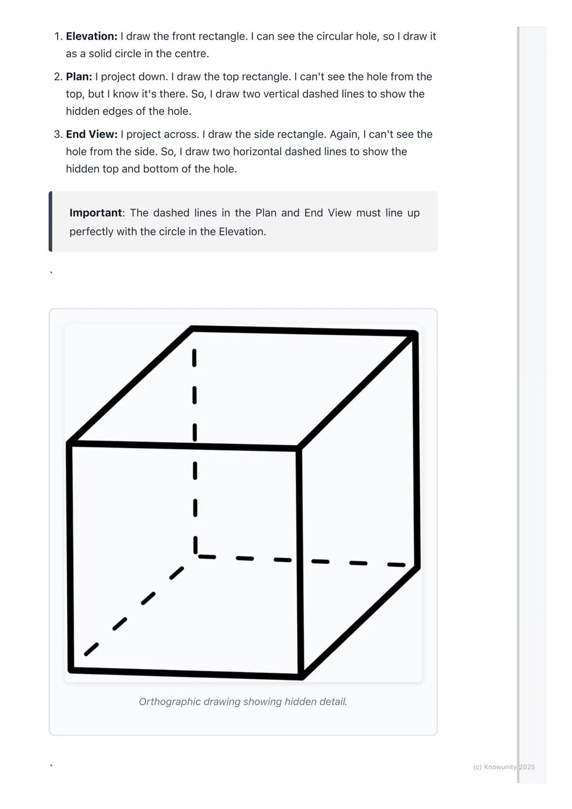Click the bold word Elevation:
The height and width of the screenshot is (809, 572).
pos(92,37)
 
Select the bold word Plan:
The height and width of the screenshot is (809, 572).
pos(79,77)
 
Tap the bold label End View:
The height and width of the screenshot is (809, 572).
pos(92,134)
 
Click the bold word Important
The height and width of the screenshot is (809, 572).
pos(95,213)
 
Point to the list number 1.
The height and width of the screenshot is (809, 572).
pos(58,37)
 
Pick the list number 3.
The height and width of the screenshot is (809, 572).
pos(58,134)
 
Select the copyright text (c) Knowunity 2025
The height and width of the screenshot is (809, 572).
pos(504,767)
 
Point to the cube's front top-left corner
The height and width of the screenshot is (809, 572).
pos(69,444)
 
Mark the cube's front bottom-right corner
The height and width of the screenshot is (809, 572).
pos(301,676)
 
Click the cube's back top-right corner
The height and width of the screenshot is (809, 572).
pos(416,333)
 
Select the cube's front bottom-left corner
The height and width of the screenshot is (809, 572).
pos(71,670)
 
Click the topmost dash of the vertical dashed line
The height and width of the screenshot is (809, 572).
pos(194,358)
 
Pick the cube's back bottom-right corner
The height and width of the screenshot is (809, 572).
pos(418,567)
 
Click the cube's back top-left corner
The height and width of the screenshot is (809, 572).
pos(192,329)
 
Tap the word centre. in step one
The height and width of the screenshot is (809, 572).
pos(193,54)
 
